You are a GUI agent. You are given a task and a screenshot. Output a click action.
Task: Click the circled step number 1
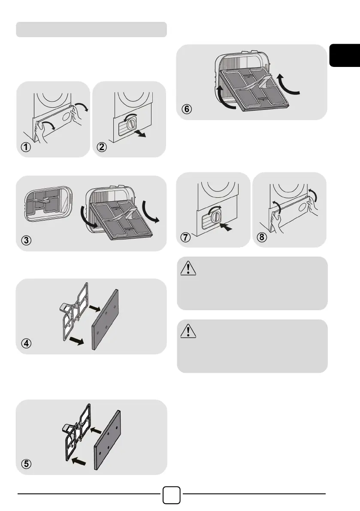pyautogui.click(x=27, y=147)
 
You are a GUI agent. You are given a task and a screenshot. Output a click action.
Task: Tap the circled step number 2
pyautogui.click(x=102, y=147)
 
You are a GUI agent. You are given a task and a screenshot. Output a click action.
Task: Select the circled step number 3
pyautogui.click(x=27, y=240)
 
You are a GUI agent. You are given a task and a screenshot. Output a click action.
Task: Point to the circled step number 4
pyautogui.click(x=27, y=344)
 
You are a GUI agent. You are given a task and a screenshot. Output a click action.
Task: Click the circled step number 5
pyautogui.click(x=27, y=464)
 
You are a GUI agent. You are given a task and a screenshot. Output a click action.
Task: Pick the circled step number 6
pyautogui.click(x=187, y=109)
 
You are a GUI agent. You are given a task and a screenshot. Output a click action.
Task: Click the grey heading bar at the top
pyautogui.click(x=91, y=30)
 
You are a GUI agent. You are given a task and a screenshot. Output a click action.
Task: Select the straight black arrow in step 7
pyautogui.click(x=227, y=226)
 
